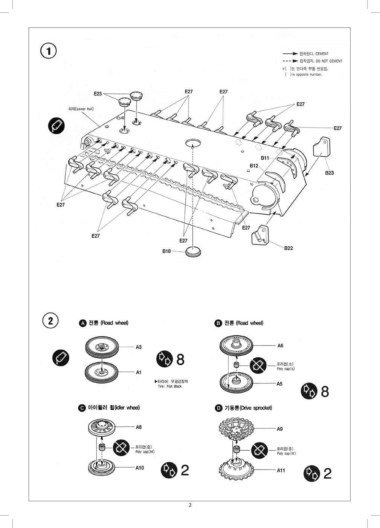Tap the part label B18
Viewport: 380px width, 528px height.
167,251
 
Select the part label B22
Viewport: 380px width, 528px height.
288,248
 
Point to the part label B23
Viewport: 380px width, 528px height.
329,173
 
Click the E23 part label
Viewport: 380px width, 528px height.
98,94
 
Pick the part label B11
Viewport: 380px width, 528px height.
265,158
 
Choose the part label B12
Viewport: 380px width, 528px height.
254,166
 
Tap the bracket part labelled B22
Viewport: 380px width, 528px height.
260,235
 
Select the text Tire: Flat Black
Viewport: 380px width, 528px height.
170,386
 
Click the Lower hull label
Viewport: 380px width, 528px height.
81,109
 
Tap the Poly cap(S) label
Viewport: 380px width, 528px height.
286,368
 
